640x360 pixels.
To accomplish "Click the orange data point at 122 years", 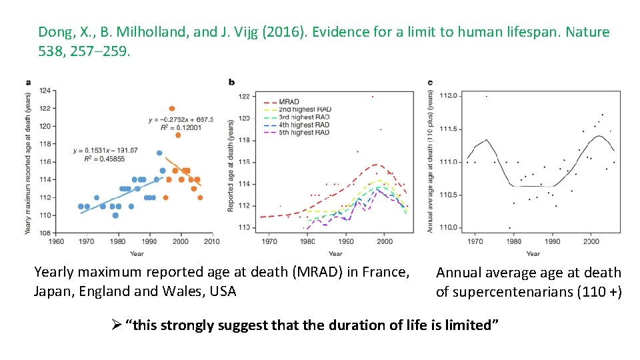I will click(172, 109).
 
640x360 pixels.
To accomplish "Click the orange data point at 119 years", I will click(178, 135).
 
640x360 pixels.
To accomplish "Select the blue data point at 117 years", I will click(159, 153).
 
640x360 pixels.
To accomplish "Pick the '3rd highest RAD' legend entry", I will click(305, 117).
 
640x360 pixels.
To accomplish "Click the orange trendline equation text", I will click(181, 120).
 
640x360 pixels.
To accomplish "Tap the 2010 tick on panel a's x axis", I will click(211, 241).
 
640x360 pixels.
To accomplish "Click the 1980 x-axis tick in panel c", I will click(513, 241).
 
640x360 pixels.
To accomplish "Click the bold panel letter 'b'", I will click(231, 83).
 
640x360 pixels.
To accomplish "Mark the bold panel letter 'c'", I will click(430, 83).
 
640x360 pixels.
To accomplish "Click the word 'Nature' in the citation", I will click(587, 31).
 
